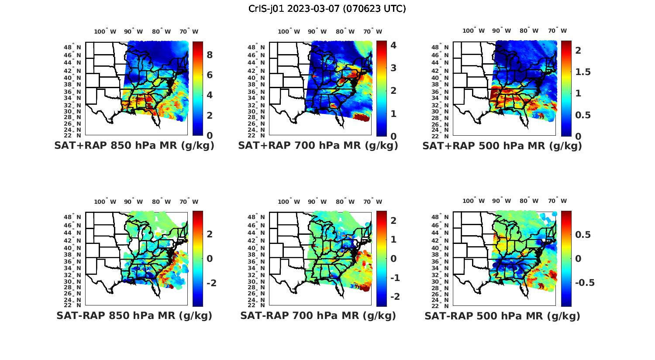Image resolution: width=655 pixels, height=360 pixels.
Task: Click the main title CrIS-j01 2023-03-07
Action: (327, 9)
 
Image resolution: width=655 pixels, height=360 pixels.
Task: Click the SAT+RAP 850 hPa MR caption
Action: (134, 146)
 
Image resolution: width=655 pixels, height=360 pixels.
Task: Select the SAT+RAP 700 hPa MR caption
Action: (318, 146)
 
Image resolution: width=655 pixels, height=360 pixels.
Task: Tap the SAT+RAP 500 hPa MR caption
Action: (502, 146)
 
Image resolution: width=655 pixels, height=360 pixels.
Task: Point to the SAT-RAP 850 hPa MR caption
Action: (134, 315)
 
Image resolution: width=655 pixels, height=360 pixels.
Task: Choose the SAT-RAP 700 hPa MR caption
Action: (318, 315)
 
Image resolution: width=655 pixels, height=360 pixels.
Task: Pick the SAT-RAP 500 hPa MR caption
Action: (502, 315)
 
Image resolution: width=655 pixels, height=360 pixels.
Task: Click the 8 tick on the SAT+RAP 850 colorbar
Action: (210, 55)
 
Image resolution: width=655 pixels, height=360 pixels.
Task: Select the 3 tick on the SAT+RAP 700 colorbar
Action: (393, 68)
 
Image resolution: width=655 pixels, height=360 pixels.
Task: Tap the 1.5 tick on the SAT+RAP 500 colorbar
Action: (583, 72)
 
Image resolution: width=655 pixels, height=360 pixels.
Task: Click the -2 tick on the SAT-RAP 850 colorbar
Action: (210, 283)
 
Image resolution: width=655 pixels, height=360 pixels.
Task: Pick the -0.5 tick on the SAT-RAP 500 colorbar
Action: (584, 283)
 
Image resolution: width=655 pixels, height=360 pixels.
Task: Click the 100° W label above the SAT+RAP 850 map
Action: (105, 31)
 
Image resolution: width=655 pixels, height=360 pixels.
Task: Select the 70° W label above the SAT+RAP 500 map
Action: (557, 31)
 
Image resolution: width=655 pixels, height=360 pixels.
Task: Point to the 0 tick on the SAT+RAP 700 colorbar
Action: (393, 136)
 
